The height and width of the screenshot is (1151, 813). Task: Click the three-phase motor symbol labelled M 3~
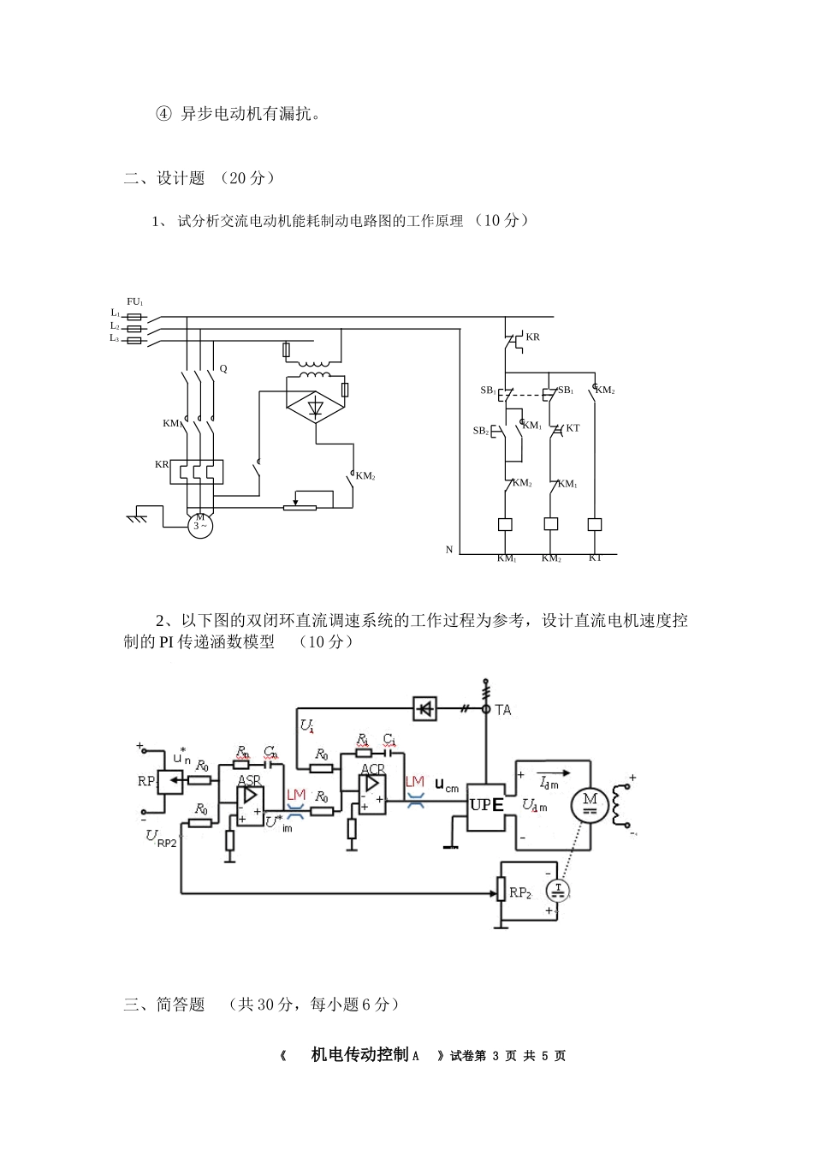pyautogui.click(x=200, y=524)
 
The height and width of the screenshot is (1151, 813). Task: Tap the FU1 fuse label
pyautogui.click(x=135, y=301)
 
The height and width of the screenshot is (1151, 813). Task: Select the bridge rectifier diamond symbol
pyautogui.click(x=315, y=407)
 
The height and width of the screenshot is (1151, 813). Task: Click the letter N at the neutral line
pyautogui.click(x=449, y=550)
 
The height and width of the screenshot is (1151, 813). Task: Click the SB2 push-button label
pyautogui.click(x=481, y=431)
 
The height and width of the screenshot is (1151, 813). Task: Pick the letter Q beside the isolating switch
pyautogui.click(x=223, y=368)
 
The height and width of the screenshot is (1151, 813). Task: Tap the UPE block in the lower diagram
pyautogui.click(x=486, y=805)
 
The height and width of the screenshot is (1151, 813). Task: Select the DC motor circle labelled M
pyautogui.click(x=590, y=802)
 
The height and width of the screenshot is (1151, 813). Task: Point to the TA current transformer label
pyautogui.click(x=503, y=710)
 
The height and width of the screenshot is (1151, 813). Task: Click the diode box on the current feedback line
pyautogui.click(x=424, y=708)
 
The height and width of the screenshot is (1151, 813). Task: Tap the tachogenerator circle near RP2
pyautogui.click(x=558, y=892)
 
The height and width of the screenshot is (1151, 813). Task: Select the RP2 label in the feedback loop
pyautogui.click(x=520, y=893)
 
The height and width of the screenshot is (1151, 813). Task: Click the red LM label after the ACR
pyautogui.click(x=415, y=781)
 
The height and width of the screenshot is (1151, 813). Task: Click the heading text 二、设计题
pyautogui.click(x=164, y=178)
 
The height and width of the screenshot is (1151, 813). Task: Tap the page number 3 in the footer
pyautogui.click(x=496, y=1056)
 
